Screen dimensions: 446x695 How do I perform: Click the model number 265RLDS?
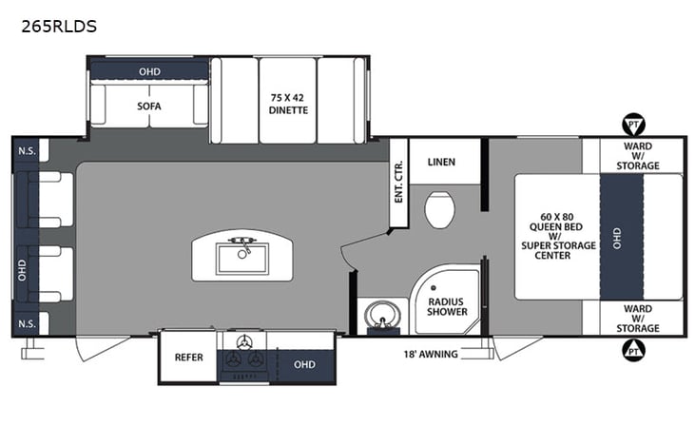pyautogui.click(x=58, y=26)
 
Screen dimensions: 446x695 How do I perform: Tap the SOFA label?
pyautogui.click(x=148, y=107)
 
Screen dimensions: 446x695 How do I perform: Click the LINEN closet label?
pyautogui.click(x=441, y=162)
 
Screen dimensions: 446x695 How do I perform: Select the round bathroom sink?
pyautogui.click(x=385, y=315)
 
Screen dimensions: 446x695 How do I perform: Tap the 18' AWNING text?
pyautogui.click(x=432, y=355)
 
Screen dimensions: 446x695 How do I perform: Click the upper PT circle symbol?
pyautogui.click(x=632, y=124)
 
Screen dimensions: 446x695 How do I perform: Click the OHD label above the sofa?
pyautogui.click(x=149, y=71)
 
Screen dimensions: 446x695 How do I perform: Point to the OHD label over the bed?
pyautogui.click(x=616, y=238)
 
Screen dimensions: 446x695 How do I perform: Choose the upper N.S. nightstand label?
pyautogui.click(x=27, y=151)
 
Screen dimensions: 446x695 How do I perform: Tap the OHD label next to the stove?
pyautogui.click(x=304, y=364)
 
